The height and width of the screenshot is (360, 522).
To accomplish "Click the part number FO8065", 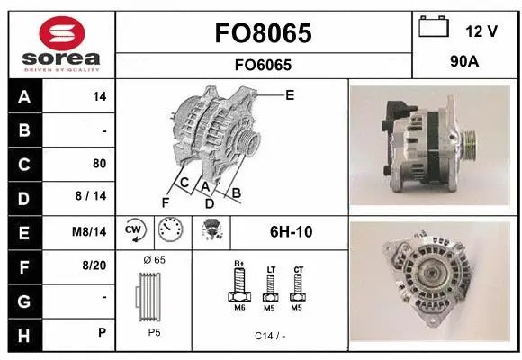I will [264, 33].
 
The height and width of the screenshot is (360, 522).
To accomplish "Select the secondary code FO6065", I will [264, 65].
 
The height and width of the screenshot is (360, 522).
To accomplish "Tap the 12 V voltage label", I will [481, 31].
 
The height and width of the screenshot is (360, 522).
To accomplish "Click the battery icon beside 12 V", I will [434, 27].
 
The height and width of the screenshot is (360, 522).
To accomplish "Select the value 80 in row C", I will [99, 164].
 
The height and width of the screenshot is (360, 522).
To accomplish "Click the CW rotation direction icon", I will [135, 231].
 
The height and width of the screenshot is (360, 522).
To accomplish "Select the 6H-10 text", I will [290, 231].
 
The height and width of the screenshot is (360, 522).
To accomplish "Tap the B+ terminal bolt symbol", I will [240, 287].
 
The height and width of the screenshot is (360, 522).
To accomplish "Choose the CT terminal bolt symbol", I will [298, 287].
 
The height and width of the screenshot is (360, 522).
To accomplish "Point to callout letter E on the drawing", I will [290, 94].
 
